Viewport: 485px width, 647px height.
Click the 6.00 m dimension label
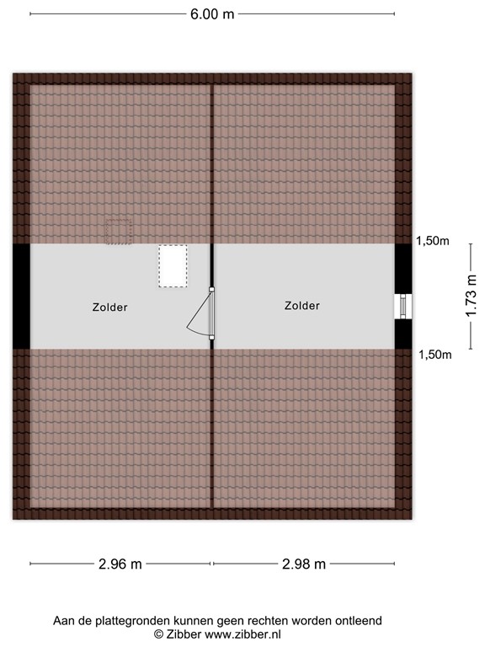click(x=212, y=13)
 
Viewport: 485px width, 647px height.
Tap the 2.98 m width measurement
click(x=304, y=564)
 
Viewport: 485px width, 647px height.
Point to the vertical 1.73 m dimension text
click(x=471, y=296)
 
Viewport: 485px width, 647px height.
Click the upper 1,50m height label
click(x=433, y=241)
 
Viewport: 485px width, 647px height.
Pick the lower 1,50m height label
click(x=435, y=355)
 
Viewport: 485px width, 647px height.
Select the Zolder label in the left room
click(x=110, y=307)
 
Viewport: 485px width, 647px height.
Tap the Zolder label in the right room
click(x=302, y=306)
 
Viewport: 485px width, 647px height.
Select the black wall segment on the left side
click(x=21, y=296)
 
